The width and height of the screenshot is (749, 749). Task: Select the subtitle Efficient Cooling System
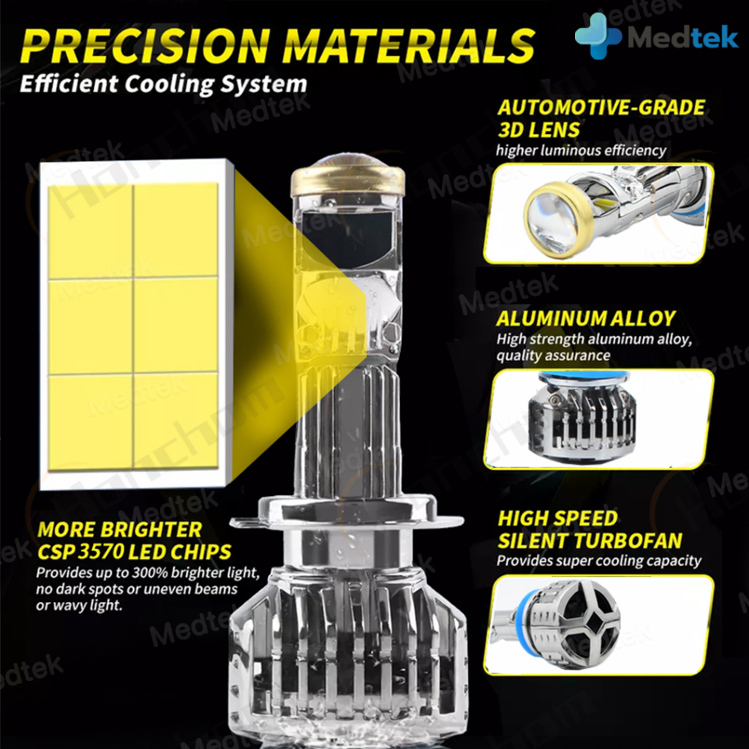pos(163,84)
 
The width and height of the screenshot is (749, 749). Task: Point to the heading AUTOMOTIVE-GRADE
pos(601,108)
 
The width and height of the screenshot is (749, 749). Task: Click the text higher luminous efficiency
pos(581,151)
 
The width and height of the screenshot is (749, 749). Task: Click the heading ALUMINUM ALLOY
pos(586,319)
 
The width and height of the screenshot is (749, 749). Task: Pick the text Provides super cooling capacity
pos(598,561)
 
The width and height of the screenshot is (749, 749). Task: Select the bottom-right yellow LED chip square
pos(176,419)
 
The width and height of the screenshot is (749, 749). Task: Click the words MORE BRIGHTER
pos(119,530)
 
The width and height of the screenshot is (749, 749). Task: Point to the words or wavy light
pos(79,605)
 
